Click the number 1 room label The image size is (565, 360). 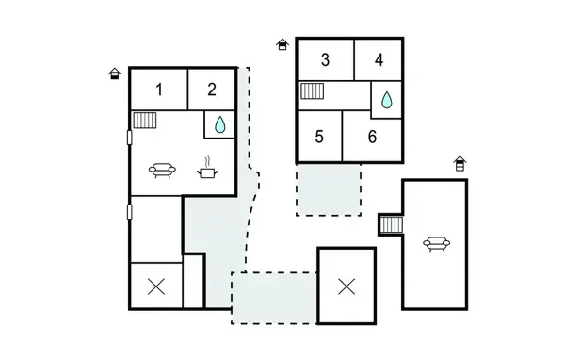[159, 90]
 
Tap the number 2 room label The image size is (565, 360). [212, 90]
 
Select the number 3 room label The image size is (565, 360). [325, 60]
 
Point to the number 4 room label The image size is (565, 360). [379, 60]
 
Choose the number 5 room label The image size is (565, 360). [319, 137]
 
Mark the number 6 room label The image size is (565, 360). [372, 137]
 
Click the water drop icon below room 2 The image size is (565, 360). [219, 124]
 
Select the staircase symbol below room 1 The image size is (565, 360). [144, 121]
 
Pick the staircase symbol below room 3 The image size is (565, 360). [313, 91]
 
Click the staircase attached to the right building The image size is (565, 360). [391, 224]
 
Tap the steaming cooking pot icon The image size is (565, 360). [207, 171]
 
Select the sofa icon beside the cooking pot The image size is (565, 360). [162, 171]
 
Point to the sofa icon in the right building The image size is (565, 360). [436, 244]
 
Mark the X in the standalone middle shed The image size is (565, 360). [347, 285]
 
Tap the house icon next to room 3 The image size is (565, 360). [282, 44]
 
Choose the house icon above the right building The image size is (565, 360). [460, 163]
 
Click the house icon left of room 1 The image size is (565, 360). [115, 74]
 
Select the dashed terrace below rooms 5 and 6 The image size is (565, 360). [329, 189]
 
